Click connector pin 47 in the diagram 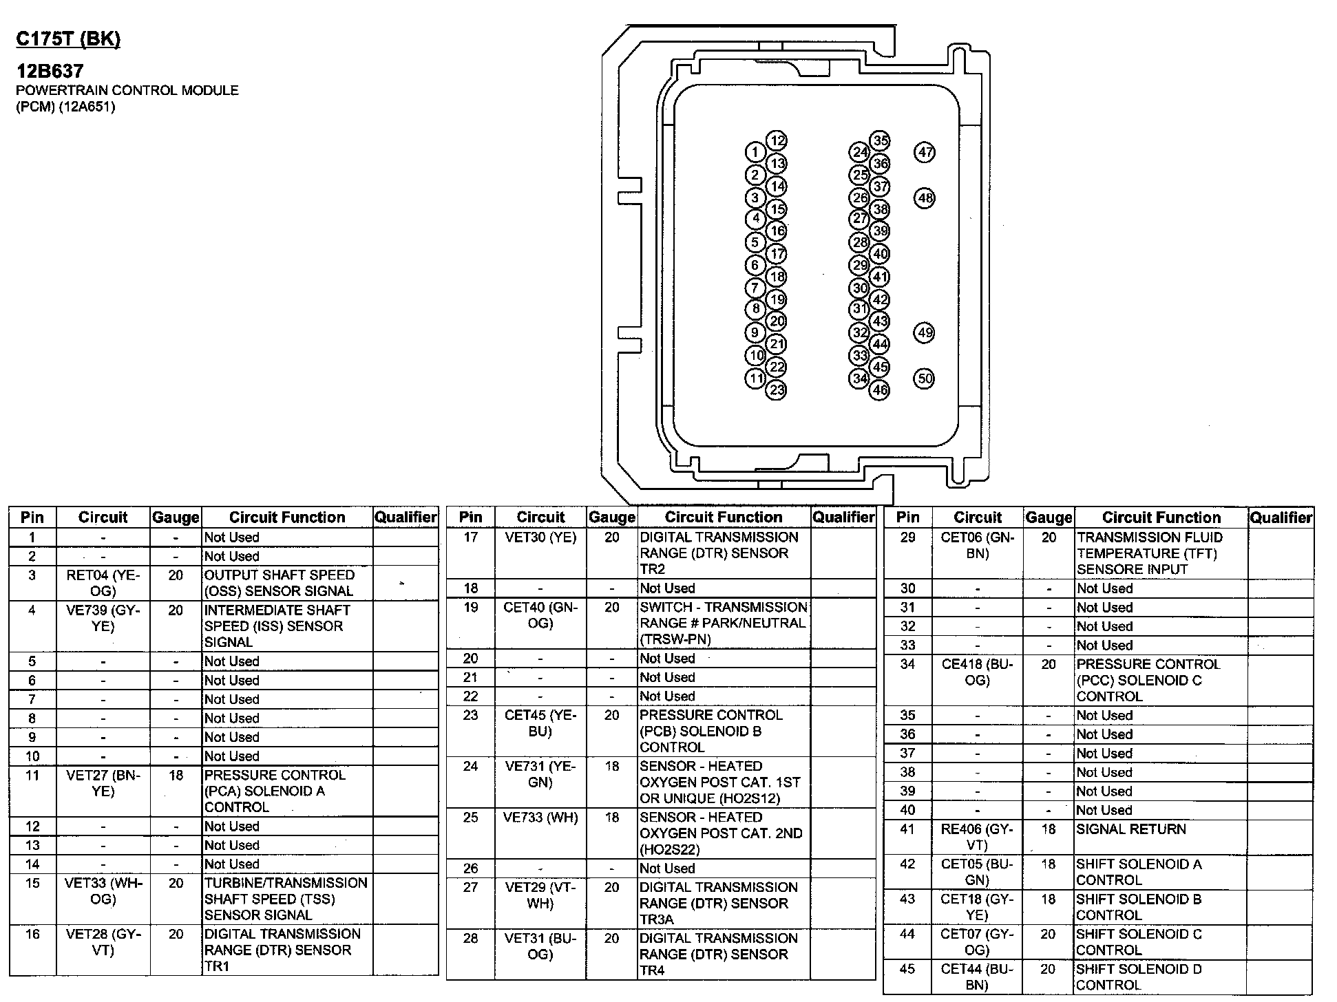[925, 152]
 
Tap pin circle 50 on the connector [925, 379]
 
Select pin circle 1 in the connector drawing [755, 152]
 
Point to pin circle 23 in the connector [777, 390]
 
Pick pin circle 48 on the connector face [925, 198]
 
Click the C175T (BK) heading [68, 39]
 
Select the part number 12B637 [50, 71]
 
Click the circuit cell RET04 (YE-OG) [103, 583]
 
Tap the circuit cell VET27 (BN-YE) [103, 783]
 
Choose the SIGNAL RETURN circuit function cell [1131, 829]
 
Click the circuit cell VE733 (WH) [540, 818]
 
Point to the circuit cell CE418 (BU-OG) [977, 672]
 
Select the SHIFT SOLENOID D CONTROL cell [1139, 977]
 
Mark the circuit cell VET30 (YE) [540, 537]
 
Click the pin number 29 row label [907, 537]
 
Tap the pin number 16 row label [32, 934]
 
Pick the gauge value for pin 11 [176, 776]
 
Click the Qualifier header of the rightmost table [1281, 518]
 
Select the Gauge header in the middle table [612, 518]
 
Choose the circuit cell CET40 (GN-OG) [540, 615]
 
